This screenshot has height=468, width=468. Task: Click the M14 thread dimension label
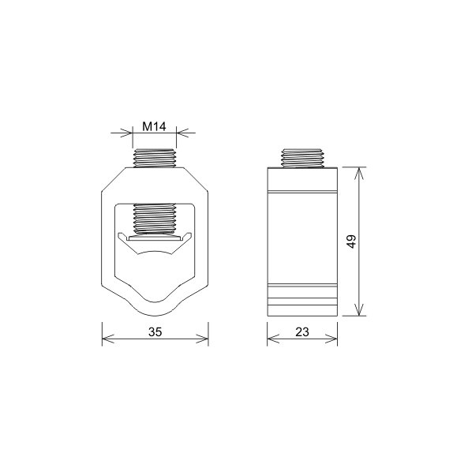click(154, 127)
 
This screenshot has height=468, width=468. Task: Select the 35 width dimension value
click(155, 332)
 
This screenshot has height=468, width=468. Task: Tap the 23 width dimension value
click(302, 332)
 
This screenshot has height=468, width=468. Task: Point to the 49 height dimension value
click(352, 241)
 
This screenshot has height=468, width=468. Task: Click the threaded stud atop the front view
click(155, 158)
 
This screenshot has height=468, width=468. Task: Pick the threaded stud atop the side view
click(302, 158)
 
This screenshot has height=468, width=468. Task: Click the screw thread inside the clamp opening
click(155, 219)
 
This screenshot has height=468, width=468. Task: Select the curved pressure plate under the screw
click(155, 243)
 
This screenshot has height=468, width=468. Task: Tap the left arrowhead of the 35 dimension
click(108, 339)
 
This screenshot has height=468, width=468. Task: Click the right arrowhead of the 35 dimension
click(202, 339)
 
